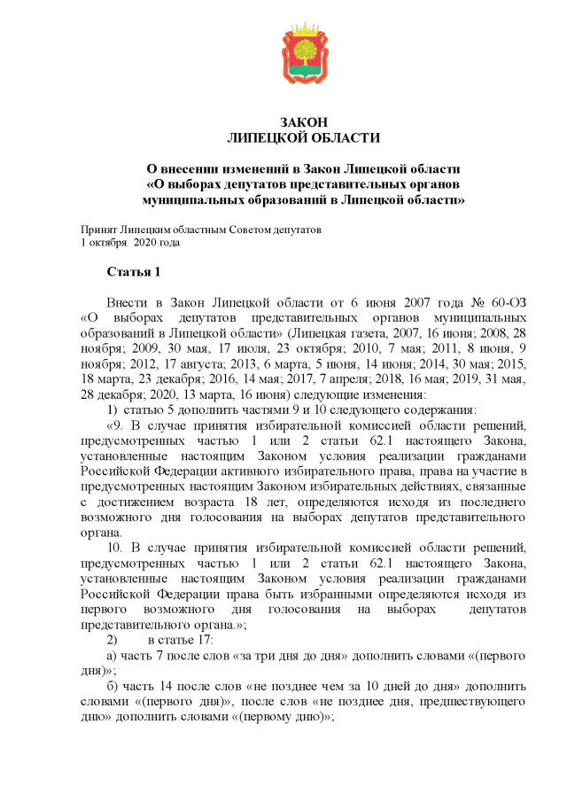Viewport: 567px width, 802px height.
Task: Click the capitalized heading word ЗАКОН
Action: coord(304,122)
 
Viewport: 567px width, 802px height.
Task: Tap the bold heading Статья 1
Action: coord(134,270)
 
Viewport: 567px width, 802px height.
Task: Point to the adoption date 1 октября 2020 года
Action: coord(130,242)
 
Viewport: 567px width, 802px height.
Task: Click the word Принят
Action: coord(98,230)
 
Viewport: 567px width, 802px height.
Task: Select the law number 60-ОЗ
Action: coord(509,302)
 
